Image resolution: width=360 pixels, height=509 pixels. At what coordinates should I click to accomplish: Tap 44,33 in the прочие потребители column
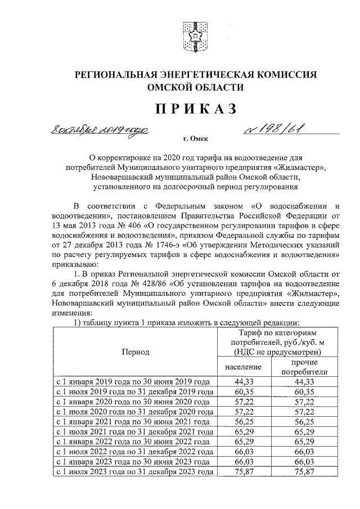point(304,382)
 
